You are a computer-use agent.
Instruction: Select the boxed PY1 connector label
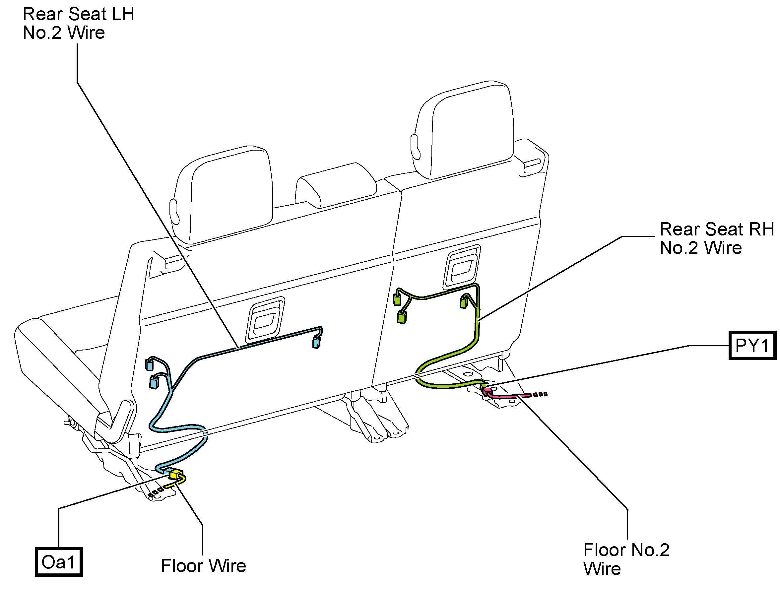[x=752, y=345]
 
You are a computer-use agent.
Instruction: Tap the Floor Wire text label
[x=204, y=566]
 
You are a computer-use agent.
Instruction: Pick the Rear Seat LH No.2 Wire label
[x=78, y=23]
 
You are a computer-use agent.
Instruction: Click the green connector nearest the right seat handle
[x=464, y=301]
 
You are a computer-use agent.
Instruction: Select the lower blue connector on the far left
[x=154, y=383]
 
